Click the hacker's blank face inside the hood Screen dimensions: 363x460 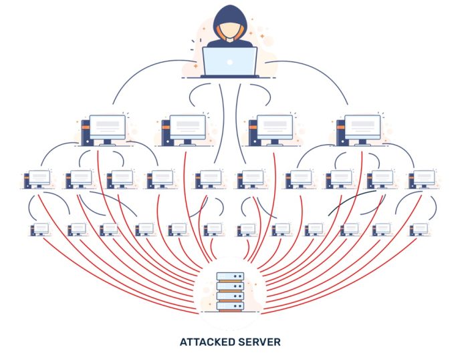229,31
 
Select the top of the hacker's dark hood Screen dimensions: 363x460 229,11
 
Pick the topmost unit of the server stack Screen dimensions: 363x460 229,276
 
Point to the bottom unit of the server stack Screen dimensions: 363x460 229,307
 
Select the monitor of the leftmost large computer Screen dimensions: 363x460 108,126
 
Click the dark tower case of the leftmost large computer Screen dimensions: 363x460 85,132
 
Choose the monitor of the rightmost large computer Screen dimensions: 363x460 362,126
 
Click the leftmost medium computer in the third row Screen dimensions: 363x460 37,178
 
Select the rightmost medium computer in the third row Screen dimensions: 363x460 421,178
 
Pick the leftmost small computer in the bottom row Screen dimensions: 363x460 40,229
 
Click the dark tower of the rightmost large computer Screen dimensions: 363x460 340,132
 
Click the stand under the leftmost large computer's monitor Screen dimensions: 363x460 108,141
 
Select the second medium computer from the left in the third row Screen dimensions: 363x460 78,178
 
